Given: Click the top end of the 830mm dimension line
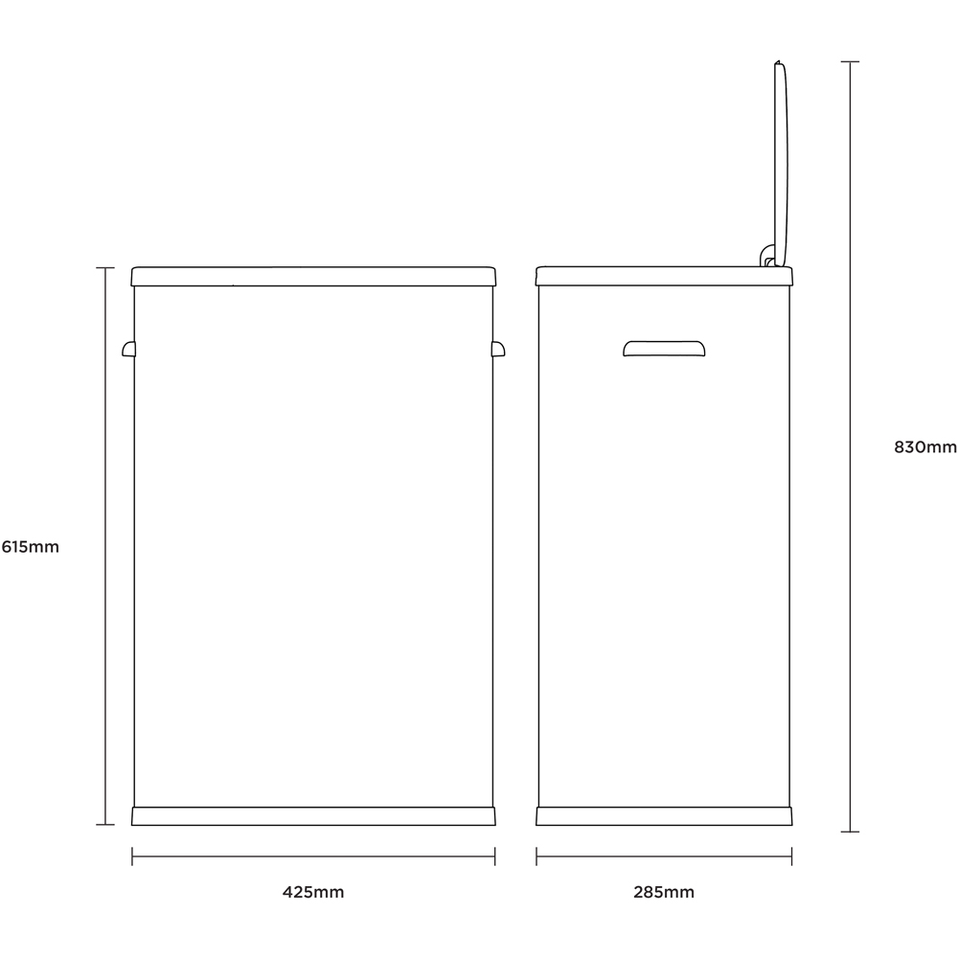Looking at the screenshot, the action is tap(850, 61).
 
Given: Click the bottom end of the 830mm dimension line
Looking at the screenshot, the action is tap(850, 832).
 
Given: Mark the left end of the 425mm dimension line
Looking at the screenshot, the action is tap(132, 855).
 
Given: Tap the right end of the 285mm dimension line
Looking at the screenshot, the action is tap(792, 855).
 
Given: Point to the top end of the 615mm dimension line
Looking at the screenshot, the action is tap(105, 268).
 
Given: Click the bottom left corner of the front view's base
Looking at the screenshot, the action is tap(132, 825).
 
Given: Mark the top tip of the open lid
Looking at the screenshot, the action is tap(778, 60).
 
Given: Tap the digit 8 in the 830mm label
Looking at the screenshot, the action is tap(900, 447).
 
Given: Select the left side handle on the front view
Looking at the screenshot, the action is tap(129, 349).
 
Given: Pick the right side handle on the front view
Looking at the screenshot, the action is tap(498, 349).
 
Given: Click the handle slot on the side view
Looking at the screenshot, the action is tap(664, 349).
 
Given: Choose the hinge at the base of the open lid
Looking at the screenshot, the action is tap(767, 256).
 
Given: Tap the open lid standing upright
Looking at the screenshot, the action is tap(781, 164).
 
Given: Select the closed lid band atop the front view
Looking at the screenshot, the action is tap(313, 276).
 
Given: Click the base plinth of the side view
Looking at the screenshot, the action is tap(664, 816).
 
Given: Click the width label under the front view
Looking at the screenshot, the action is tap(313, 892).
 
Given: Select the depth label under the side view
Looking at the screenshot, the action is tap(664, 892).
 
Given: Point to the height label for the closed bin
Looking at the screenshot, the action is tap(31, 547).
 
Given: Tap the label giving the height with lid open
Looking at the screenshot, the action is tap(925, 447).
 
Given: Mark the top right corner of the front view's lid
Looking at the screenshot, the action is tap(494, 267).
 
